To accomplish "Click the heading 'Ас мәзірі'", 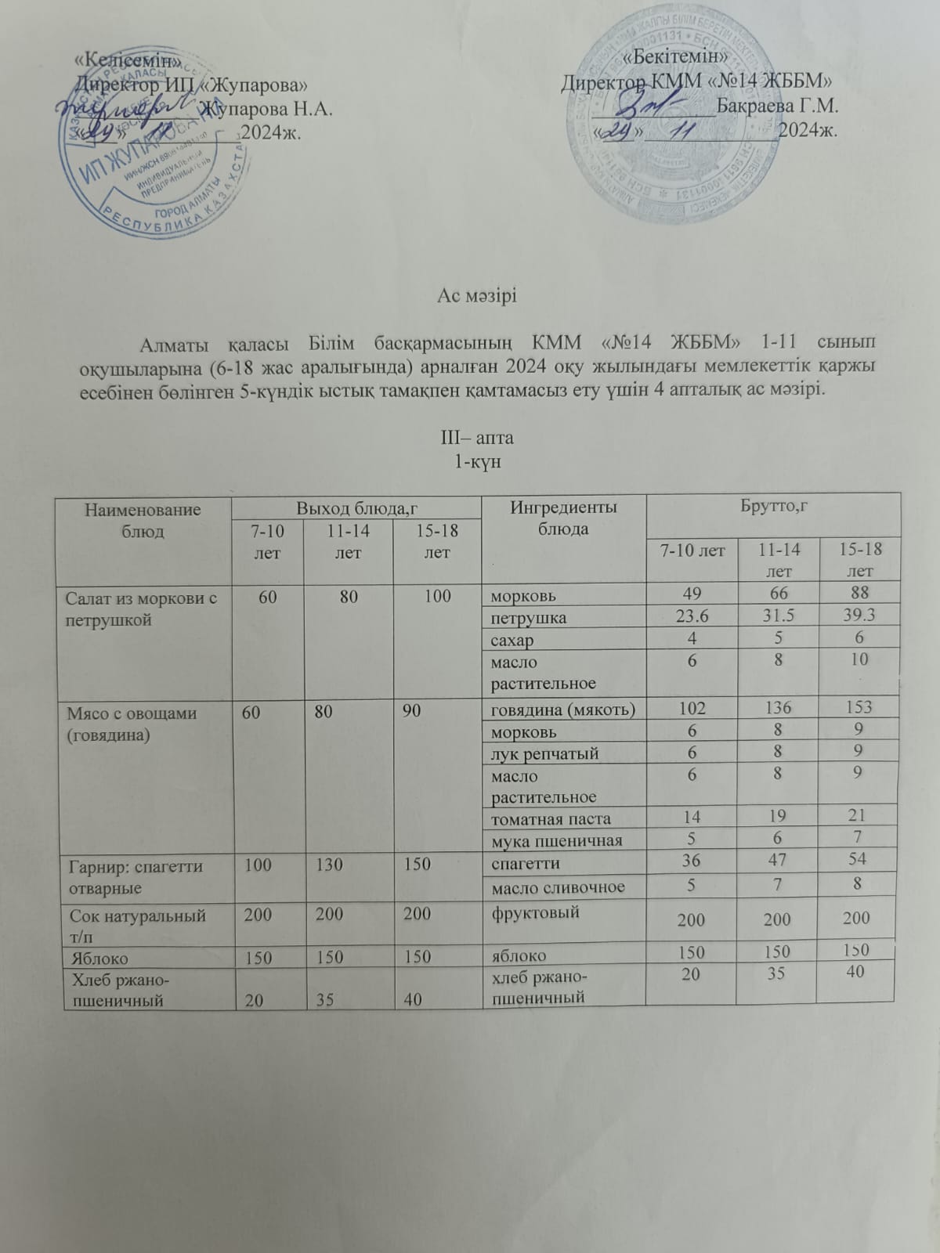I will [x=477, y=297].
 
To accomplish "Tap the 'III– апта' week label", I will [x=477, y=436].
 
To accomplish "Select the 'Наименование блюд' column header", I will [x=143, y=520].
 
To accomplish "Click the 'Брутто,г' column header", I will [x=774, y=507].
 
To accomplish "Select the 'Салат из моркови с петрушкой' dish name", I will [x=143, y=608].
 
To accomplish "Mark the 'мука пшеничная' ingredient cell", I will [x=556, y=841].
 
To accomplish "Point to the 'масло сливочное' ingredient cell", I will [x=558, y=887].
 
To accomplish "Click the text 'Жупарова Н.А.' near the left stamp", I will [x=266, y=109].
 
